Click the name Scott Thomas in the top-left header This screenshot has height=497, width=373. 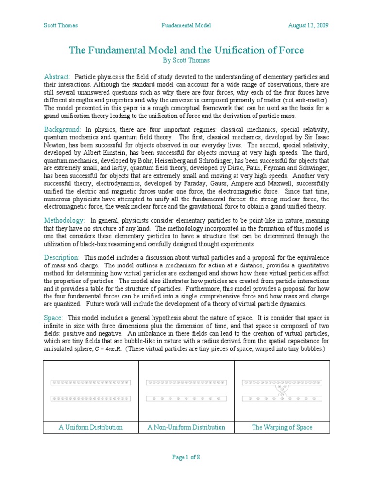pyautogui.click(x=61, y=25)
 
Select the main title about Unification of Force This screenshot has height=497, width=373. pyautogui.click(x=186, y=50)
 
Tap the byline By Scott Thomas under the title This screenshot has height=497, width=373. pyautogui.click(x=186, y=61)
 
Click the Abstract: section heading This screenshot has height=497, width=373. pyautogui.click(x=57, y=77)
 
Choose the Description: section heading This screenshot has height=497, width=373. pyautogui.click(x=62, y=257)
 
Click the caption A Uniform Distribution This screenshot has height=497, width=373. pyautogui.click(x=91, y=427)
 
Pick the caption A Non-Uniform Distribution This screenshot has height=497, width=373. pyautogui.click(x=186, y=427)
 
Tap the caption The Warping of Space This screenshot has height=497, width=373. pyautogui.click(x=282, y=427)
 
